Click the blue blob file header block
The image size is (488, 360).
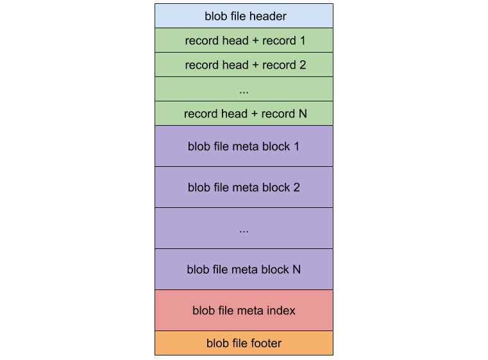[244, 16]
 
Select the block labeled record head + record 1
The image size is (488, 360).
[244, 40]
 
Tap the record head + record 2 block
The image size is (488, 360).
[244, 65]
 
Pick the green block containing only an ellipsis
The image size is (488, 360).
[244, 89]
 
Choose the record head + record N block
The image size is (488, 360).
[244, 114]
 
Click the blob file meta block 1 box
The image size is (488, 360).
[244, 146]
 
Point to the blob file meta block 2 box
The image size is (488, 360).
[244, 187]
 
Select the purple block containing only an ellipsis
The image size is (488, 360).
[244, 228]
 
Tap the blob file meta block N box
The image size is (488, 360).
[244, 270]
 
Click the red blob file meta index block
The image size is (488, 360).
[244, 311]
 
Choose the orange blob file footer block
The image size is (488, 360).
[244, 343]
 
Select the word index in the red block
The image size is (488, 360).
[282, 311]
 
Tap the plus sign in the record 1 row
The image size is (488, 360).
[255, 40]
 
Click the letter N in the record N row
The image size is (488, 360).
[303, 114]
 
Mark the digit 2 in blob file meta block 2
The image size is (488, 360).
[296, 187]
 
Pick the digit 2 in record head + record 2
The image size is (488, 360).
[302, 65]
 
